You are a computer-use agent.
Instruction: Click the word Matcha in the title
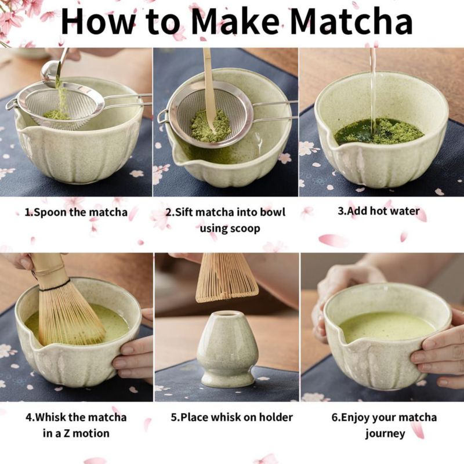pos(351,21)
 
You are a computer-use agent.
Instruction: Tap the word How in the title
pos(97,21)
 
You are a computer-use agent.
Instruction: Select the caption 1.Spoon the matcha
pos(76,212)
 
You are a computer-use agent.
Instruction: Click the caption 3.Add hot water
pos(379,211)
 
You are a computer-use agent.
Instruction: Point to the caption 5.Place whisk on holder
pos(231,417)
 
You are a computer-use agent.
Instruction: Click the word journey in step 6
pos(385,433)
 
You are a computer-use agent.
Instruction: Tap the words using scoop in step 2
pos(230,229)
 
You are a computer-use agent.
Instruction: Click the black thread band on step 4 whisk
pos(55,285)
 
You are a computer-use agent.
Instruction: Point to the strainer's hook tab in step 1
pos(11,104)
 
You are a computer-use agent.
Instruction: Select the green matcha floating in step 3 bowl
pos(379,131)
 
